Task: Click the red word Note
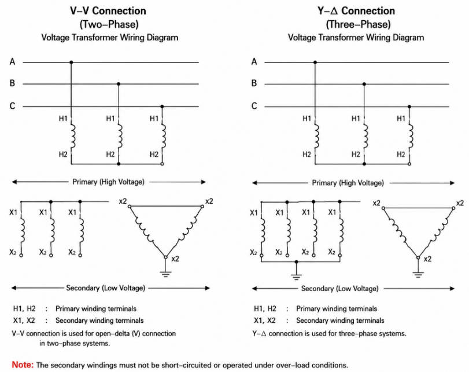[x=23, y=364]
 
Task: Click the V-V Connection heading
[x=108, y=11]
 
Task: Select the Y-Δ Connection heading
[x=356, y=11]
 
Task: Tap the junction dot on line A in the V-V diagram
[x=71, y=62]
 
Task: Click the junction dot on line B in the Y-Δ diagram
[x=364, y=84]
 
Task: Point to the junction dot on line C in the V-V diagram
[x=162, y=106]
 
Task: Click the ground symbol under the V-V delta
[x=165, y=274]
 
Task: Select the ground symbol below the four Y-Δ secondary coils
[x=296, y=277]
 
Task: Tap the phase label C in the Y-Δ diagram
[x=254, y=106]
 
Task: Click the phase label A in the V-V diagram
[x=12, y=62]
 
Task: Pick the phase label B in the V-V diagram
[x=12, y=83]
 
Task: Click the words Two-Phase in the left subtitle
[x=109, y=24]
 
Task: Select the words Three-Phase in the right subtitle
[x=358, y=24]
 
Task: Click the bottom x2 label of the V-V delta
[x=175, y=259]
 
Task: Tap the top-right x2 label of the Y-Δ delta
[x=460, y=203]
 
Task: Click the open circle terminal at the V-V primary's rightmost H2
[x=162, y=164]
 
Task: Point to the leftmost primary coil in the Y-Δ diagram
[x=316, y=136]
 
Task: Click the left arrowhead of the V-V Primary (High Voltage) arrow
[x=14, y=182]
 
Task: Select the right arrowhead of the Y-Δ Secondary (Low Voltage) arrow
[x=452, y=289]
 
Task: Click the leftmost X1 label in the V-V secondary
[x=13, y=212]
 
